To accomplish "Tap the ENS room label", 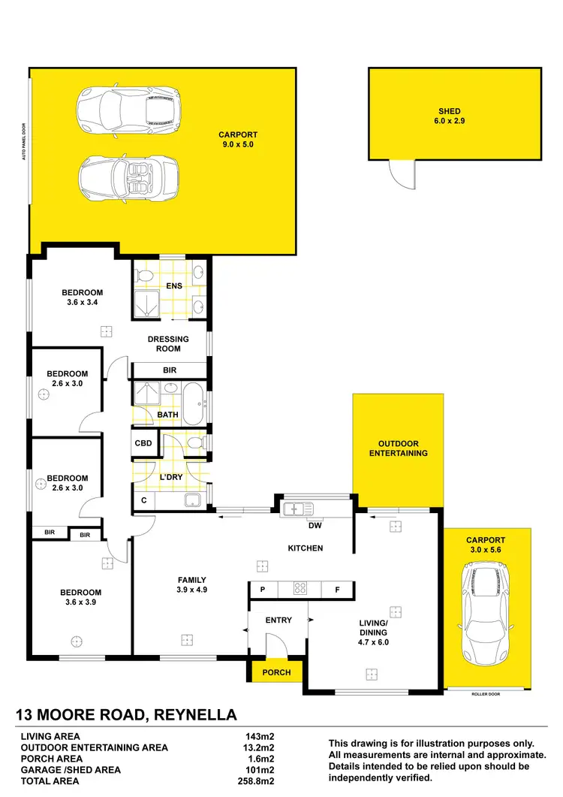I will [174, 285].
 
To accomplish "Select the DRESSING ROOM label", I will [168, 343].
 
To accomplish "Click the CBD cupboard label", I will [143, 443].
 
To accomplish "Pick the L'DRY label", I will [170, 477].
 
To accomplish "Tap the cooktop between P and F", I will [300, 590].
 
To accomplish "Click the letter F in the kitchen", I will [338, 590].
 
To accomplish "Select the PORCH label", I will [276, 672].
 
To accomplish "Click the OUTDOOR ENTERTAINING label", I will [398, 448].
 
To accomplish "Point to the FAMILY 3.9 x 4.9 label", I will [191, 584].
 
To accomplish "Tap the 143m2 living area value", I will [257, 737].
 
